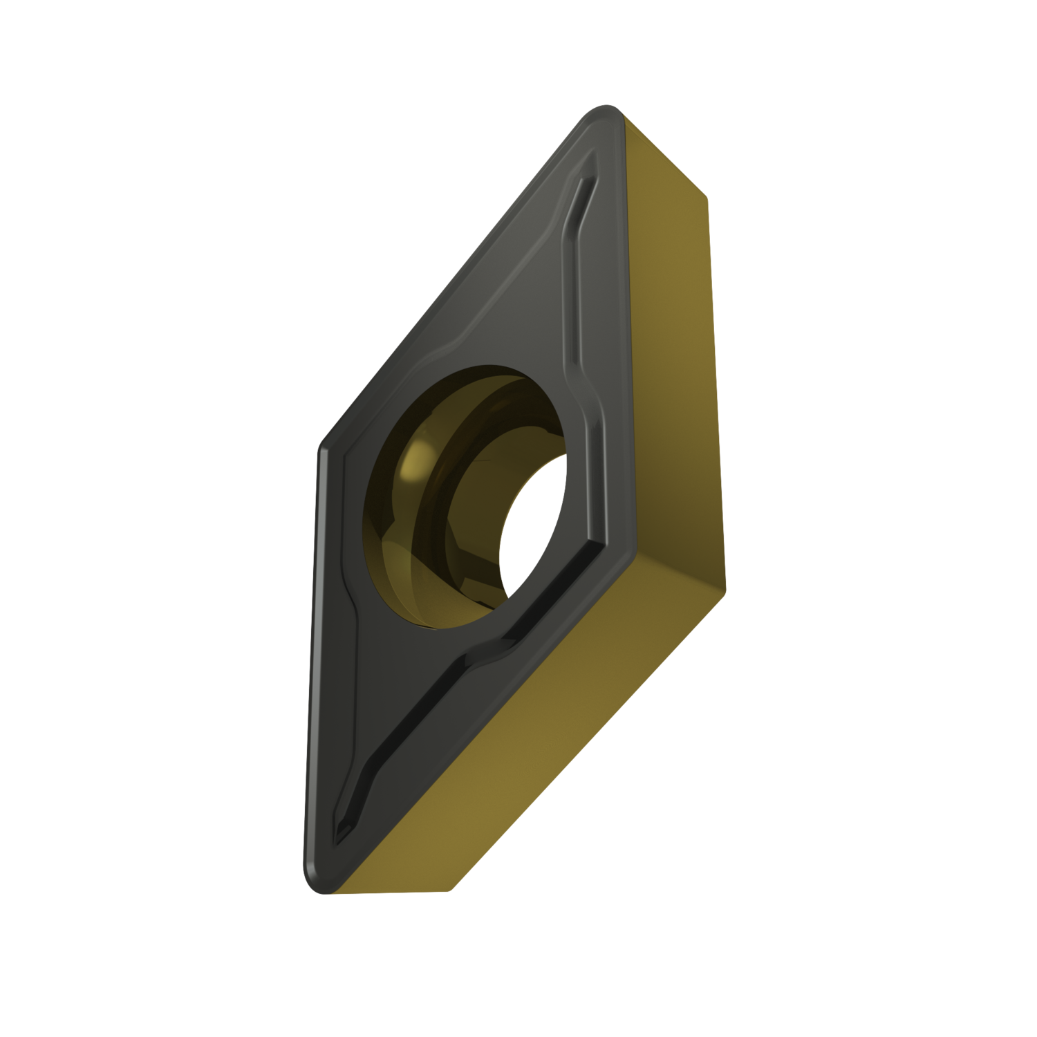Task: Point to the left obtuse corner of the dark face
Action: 324,449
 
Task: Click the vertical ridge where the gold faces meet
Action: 716,387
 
